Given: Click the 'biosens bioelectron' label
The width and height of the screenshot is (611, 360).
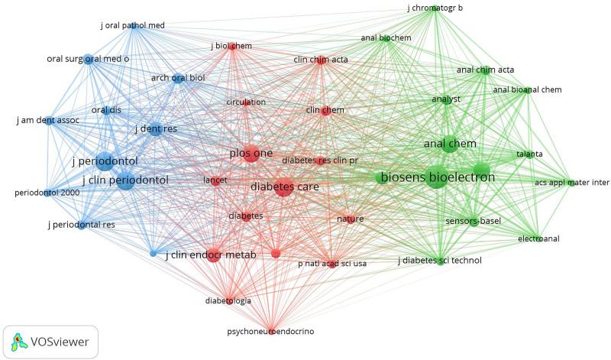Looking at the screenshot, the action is pos(438,178).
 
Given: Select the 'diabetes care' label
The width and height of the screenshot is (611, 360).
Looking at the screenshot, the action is pos(285,186).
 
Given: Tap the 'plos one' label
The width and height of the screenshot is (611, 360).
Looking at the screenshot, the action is pos(251,154).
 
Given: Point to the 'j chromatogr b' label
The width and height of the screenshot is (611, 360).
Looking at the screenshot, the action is pos(434,8).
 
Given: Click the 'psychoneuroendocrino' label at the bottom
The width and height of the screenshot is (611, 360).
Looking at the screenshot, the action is pos(270,332).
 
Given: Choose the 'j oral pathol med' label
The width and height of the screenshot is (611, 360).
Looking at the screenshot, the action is pos(132,25).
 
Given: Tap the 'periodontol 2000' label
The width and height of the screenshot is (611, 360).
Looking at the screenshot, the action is pos(45,192).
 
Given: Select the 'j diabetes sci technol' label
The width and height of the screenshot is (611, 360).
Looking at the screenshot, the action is pos(439,261).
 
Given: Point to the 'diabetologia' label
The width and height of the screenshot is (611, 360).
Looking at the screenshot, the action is pos(228,300).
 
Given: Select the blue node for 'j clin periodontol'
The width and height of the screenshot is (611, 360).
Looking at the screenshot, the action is pos(126,181).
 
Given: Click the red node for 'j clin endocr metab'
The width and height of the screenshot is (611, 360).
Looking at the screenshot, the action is pos(214,255).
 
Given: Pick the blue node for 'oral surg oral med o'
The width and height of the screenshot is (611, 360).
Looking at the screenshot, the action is pos(89,59).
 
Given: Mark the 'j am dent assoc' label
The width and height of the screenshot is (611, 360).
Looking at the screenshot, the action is pos(46,120).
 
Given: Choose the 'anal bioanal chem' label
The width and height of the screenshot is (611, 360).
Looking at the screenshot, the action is pos(528,90).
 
